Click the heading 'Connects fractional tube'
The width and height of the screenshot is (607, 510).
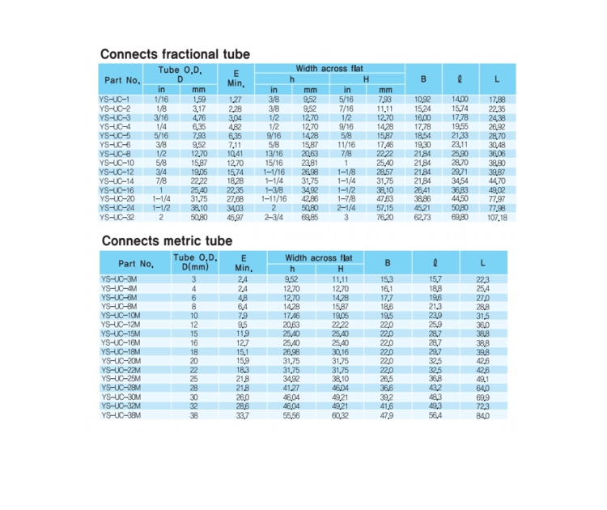click(175, 54)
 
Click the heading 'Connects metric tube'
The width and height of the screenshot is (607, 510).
click(167, 241)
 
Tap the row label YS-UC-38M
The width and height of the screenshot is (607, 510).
click(120, 415)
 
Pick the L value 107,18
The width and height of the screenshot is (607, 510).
click(496, 219)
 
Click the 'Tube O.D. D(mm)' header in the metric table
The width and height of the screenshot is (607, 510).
click(194, 262)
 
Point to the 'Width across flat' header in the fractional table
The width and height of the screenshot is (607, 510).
click(329, 69)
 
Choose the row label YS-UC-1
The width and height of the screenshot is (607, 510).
click(114, 100)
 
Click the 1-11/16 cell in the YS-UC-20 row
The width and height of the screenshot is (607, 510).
click(274, 198)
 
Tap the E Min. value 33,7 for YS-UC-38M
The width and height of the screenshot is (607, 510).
click(243, 415)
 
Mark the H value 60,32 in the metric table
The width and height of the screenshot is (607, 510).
click(340, 415)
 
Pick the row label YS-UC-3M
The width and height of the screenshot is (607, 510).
click(118, 279)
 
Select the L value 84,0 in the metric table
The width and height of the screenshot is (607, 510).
click(483, 415)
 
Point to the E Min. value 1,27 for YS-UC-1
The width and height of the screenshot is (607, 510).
click(236, 100)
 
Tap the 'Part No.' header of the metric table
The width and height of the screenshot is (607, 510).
click(136, 263)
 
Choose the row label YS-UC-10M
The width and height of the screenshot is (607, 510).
click(120, 316)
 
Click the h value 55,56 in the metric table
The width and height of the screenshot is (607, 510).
click(291, 415)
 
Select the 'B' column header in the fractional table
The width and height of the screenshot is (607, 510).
click(422, 79)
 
